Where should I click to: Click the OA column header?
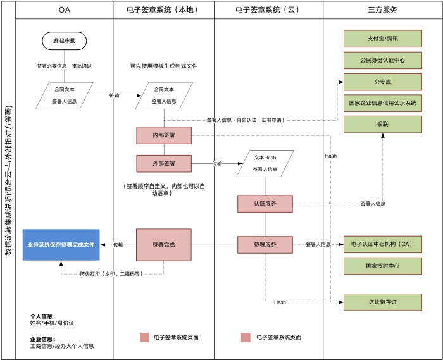click(x=65, y=10)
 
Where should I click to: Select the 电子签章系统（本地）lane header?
click(x=163, y=10)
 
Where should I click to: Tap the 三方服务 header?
click(x=382, y=10)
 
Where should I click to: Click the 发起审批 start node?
click(x=65, y=40)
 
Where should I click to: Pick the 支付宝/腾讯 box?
click(x=382, y=39)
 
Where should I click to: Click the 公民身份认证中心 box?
click(x=382, y=60)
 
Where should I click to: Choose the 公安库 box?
click(x=382, y=82)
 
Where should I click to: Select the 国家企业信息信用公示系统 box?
click(x=382, y=102)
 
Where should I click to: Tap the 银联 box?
click(x=382, y=124)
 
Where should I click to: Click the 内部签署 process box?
click(x=164, y=135)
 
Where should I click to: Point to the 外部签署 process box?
click(x=164, y=163)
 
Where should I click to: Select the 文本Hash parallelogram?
click(x=265, y=163)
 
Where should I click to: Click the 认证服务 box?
click(x=265, y=204)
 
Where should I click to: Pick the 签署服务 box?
click(x=265, y=245)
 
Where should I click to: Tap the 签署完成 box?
click(x=164, y=245)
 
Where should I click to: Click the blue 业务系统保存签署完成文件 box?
click(x=61, y=245)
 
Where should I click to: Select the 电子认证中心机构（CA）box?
click(x=382, y=244)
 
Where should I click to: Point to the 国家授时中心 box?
click(x=382, y=266)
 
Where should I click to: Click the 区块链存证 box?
click(x=382, y=302)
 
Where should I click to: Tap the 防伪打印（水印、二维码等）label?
click(x=112, y=274)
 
